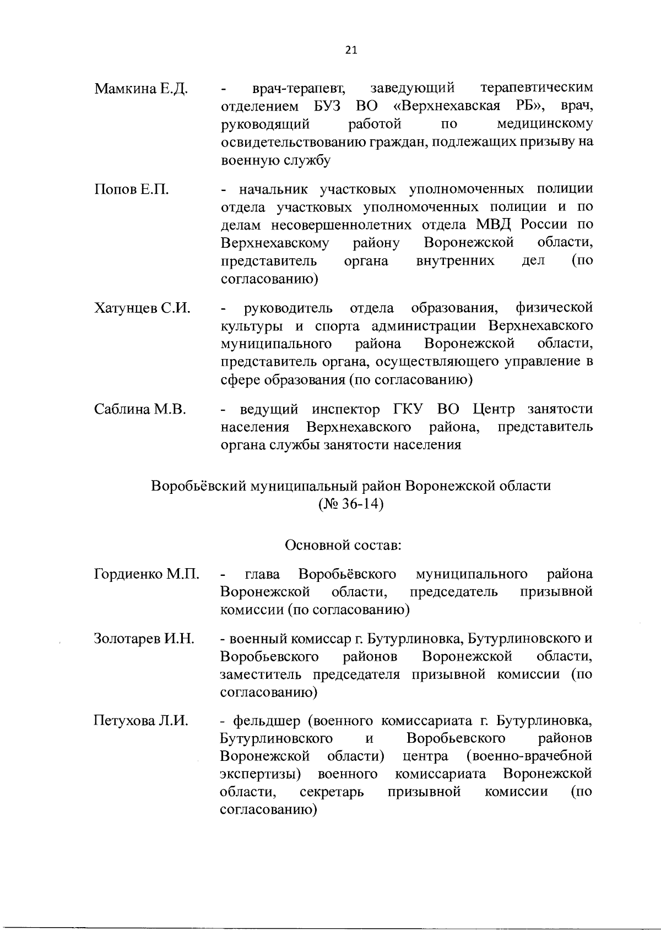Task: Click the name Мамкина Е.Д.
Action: (x=141, y=89)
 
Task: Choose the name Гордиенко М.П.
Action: (x=147, y=575)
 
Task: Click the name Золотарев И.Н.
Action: (x=144, y=639)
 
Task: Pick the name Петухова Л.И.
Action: (x=142, y=721)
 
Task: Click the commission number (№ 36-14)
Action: (x=351, y=504)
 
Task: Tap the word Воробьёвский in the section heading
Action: (x=199, y=486)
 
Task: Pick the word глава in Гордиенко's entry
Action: (x=262, y=574)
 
